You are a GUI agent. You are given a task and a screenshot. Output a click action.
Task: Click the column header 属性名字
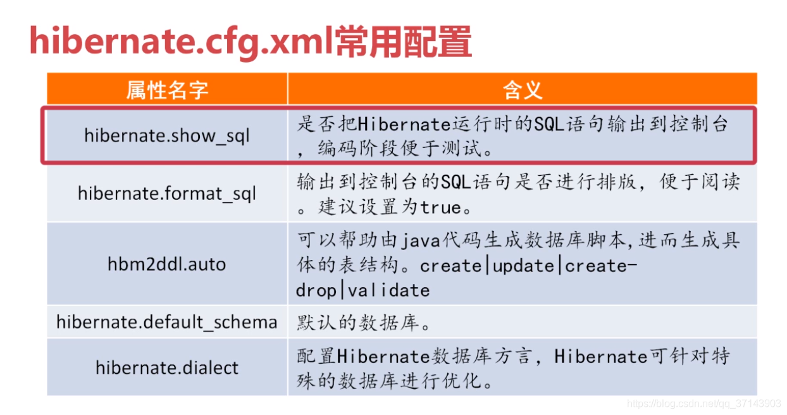tap(167, 90)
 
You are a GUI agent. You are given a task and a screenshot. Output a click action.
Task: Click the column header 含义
tap(523, 90)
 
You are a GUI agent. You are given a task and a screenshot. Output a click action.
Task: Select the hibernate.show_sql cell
tap(167, 135)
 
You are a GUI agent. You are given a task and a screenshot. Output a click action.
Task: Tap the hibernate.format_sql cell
tap(167, 193)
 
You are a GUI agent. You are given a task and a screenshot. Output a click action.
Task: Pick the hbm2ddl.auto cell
tap(167, 264)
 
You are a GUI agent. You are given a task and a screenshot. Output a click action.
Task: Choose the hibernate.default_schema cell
tap(167, 322)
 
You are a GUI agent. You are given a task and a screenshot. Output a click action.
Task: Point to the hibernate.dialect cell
tap(167, 368)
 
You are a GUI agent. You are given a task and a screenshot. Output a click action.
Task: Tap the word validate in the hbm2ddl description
tap(389, 290)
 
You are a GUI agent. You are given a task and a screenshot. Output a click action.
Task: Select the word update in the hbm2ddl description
tap(524, 266)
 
